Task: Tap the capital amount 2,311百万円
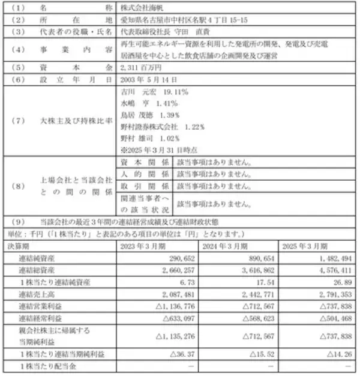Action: [136, 68]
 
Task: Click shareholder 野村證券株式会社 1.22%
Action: [162, 127]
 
